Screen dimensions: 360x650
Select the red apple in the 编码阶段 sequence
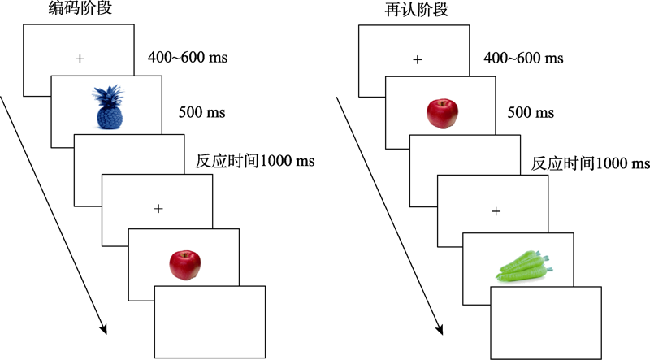tap(184, 265)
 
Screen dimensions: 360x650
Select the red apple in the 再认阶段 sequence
tap(442, 113)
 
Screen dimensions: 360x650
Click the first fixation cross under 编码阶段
tap(79, 59)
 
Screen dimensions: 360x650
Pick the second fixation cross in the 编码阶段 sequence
tap(158, 209)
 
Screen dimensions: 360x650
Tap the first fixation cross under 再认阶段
tap(418, 59)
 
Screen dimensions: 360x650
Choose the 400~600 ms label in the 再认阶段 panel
tap(524, 59)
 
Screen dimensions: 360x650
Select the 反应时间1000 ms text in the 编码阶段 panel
tap(255, 161)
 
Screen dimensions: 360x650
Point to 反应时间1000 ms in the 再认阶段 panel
tap(590, 163)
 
